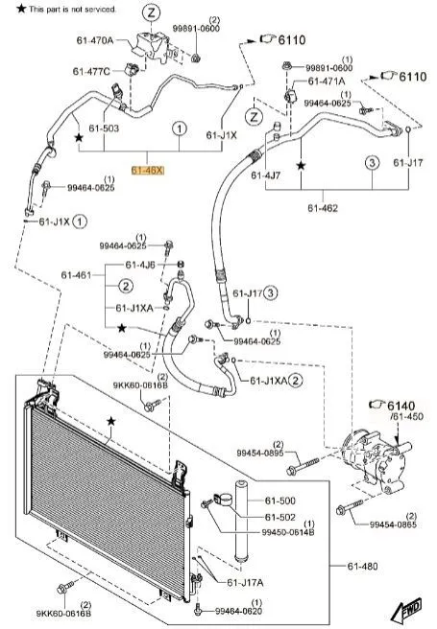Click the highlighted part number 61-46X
point(148,171)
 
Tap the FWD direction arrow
point(407,611)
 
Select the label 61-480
point(362,566)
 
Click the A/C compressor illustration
point(375,460)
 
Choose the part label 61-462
point(323,208)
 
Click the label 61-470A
point(95,40)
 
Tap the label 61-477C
point(91,71)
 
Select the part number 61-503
point(104,128)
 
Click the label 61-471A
point(327,82)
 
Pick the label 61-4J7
point(266,175)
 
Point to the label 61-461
point(76,275)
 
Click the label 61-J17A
point(245,582)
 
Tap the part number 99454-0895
point(260,453)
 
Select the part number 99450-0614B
point(288,532)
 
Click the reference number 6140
point(401,406)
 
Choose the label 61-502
point(279,518)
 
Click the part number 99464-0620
point(238,611)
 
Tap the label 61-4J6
point(140,265)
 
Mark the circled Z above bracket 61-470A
point(152,13)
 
